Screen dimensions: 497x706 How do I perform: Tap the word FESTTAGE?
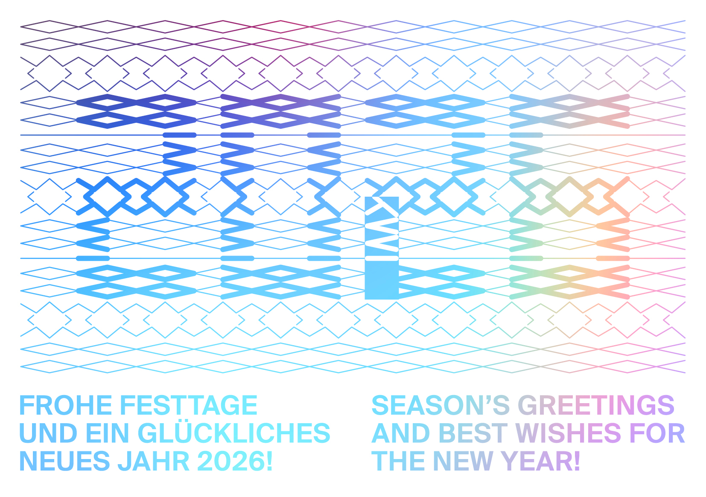188,405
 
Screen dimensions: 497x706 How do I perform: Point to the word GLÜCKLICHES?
234,433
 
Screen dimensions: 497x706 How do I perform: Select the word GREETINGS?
596,405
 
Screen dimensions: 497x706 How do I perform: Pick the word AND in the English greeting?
401,433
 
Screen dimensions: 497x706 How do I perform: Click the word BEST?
473,433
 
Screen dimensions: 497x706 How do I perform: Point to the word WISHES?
568,433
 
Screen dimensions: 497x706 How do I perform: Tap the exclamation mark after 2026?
269,462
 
